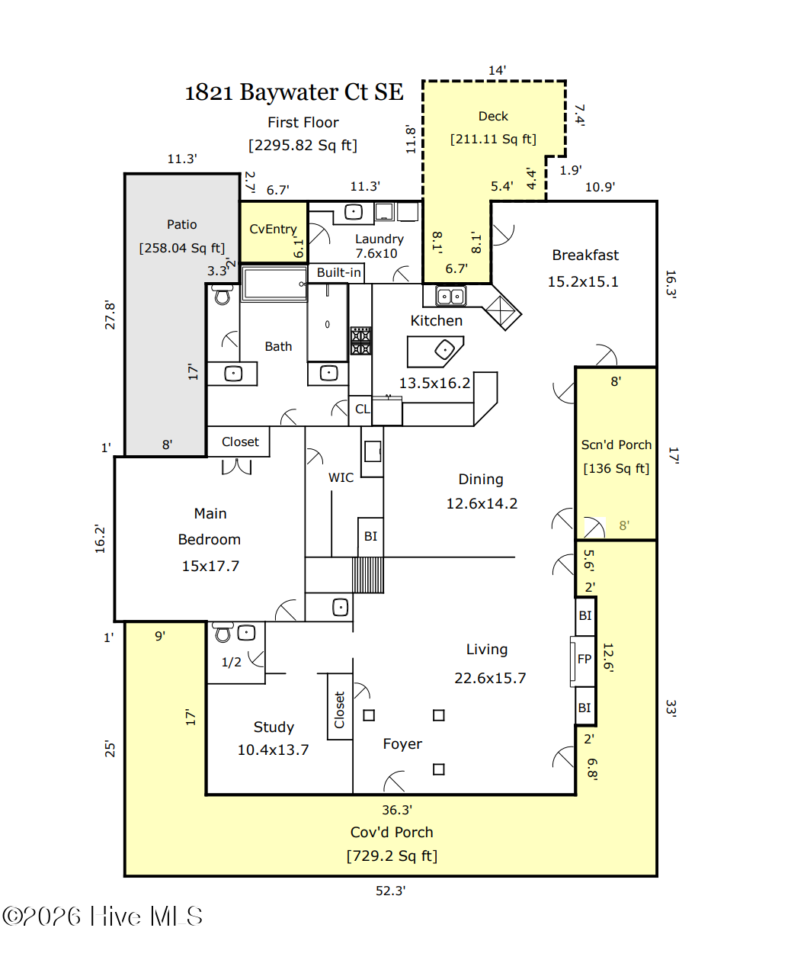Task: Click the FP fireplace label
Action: pyautogui.click(x=584, y=659)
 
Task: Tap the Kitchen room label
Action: pyautogui.click(x=436, y=320)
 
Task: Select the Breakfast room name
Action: pyautogui.click(x=585, y=255)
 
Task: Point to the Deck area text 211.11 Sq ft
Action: pyautogui.click(x=493, y=139)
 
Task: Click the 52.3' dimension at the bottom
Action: pyautogui.click(x=391, y=891)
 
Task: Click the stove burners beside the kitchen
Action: pyautogui.click(x=360, y=341)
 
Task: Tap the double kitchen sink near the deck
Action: pyautogui.click(x=450, y=296)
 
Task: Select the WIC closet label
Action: pyautogui.click(x=341, y=477)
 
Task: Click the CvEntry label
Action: pyautogui.click(x=273, y=229)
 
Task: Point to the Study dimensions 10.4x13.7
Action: pyautogui.click(x=273, y=750)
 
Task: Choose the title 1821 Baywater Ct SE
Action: pyautogui.click(x=294, y=92)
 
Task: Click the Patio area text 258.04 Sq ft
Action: pyautogui.click(x=182, y=249)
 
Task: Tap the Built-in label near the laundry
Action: pyautogui.click(x=339, y=273)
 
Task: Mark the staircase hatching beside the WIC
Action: pyautogui.click(x=368, y=575)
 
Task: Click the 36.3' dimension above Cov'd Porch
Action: pyautogui.click(x=397, y=810)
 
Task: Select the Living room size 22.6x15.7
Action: pyautogui.click(x=490, y=678)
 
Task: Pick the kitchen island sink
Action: pyautogui.click(x=444, y=350)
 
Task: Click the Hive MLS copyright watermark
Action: pyautogui.click(x=102, y=916)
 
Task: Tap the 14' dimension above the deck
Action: pyautogui.click(x=497, y=70)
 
